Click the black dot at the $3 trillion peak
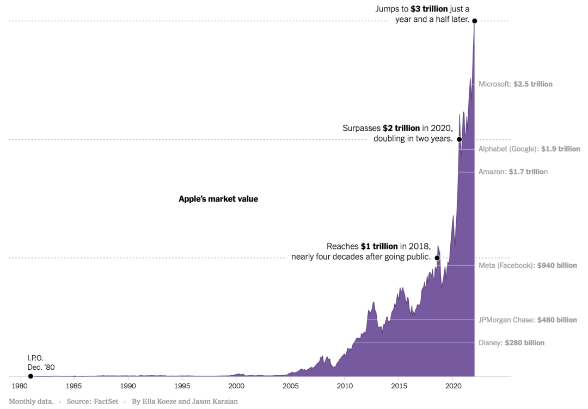click(x=475, y=21)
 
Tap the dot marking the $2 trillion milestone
click(x=459, y=139)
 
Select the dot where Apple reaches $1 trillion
click(x=437, y=258)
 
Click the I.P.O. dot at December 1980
click(x=30, y=376)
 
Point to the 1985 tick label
click(x=74, y=386)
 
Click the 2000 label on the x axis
click(x=236, y=386)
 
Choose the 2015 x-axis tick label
click(x=399, y=386)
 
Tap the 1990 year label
click(x=128, y=386)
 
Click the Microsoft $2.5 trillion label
click(x=515, y=84)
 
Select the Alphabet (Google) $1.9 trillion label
click(x=529, y=149)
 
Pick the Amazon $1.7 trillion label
click(x=513, y=172)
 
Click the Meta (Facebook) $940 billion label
click(x=527, y=265)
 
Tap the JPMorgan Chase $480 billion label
click(x=527, y=320)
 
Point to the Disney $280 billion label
click(x=511, y=343)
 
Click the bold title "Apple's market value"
click(x=218, y=199)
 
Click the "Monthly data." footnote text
click(x=31, y=401)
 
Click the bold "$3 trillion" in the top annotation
click(x=430, y=9)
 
